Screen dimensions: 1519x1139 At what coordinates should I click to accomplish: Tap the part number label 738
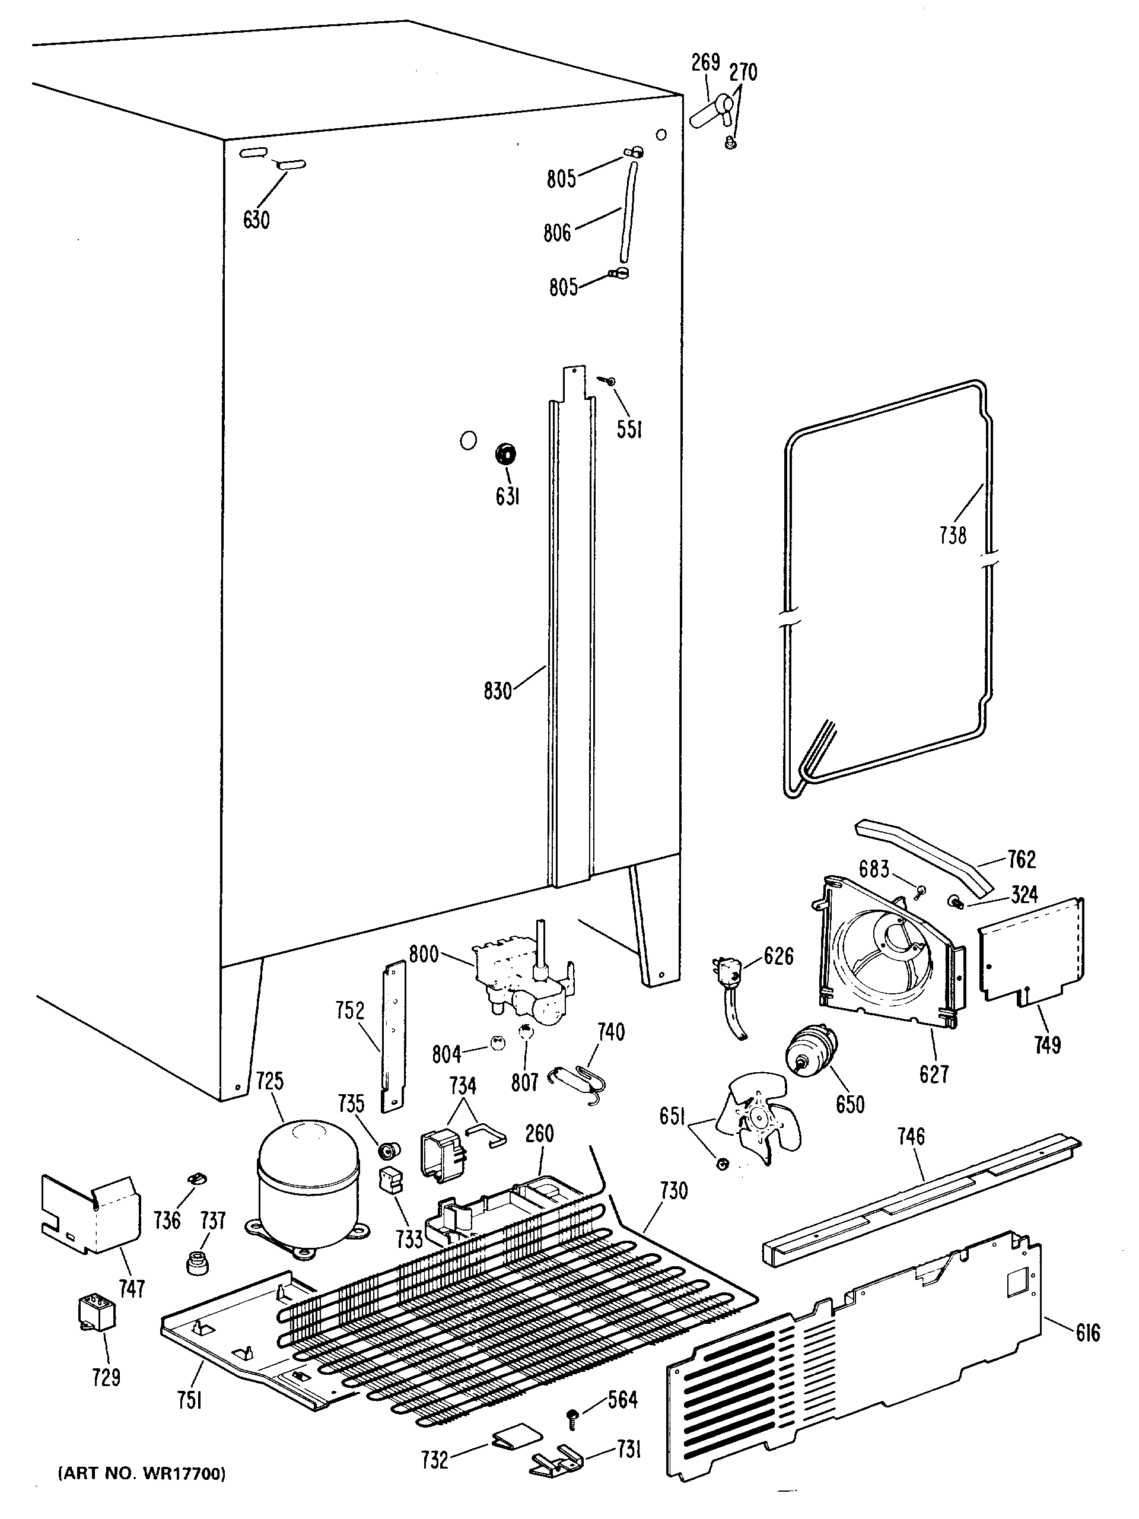click(952, 535)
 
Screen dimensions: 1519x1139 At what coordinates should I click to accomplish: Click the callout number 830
click(498, 691)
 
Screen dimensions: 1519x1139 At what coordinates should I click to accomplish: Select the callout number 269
click(705, 63)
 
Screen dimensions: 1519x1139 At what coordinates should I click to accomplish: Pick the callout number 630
click(256, 220)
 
